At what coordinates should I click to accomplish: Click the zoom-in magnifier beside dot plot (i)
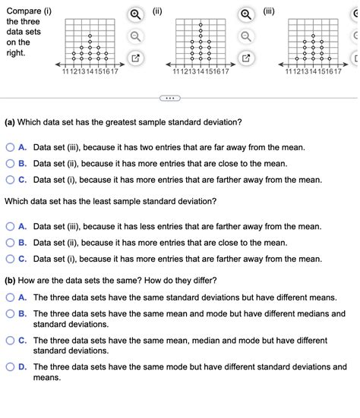pyautogui.click(x=134, y=14)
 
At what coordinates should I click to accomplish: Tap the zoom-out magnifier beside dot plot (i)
pyautogui.click(x=134, y=36)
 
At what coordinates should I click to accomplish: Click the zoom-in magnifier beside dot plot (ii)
pyautogui.click(x=245, y=14)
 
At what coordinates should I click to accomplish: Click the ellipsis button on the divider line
pyautogui.click(x=169, y=99)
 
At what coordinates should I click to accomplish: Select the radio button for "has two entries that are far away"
pyautogui.click(x=11, y=147)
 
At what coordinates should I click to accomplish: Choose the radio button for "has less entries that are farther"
pyautogui.click(x=11, y=226)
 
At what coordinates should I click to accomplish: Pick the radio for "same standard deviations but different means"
pyautogui.click(x=11, y=297)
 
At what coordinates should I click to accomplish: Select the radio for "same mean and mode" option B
pyautogui.click(x=11, y=313)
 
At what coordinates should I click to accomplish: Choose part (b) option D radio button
pyautogui.click(x=11, y=367)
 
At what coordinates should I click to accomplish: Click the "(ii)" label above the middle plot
pyautogui.click(x=157, y=11)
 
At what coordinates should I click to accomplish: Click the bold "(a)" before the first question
pyautogui.click(x=12, y=121)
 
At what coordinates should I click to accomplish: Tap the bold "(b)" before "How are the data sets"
pyautogui.click(x=12, y=281)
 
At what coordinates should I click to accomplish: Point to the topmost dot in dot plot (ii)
pyautogui.click(x=201, y=25)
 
